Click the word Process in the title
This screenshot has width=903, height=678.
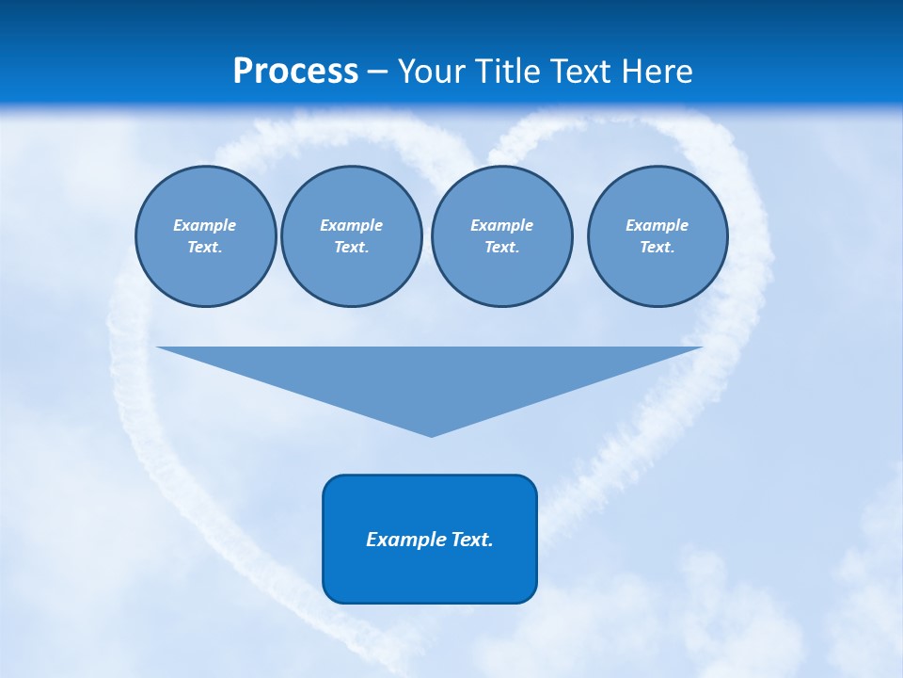[x=295, y=72]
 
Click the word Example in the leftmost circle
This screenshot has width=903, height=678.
[x=205, y=225]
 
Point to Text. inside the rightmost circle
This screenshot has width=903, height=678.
[x=657, y=247]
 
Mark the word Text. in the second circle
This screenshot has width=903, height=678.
[x=351, y=247]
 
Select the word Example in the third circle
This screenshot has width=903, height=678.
[x=501, y=225]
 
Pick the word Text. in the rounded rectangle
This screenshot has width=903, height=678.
[x=472, y=540]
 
